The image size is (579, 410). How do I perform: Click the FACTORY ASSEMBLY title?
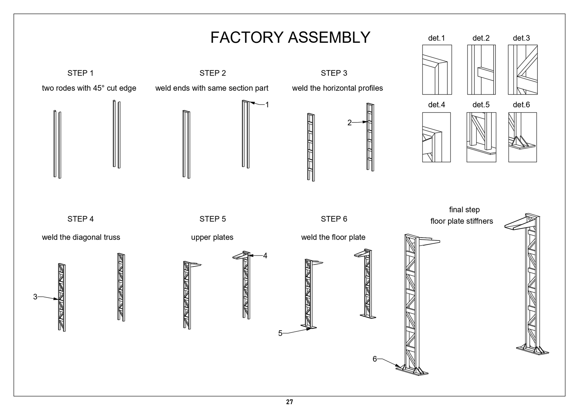point(290,37)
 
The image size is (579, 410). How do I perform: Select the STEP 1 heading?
point(80,73)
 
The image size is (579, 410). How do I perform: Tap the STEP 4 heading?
point(80,219)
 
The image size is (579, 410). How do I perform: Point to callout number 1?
point(267,105)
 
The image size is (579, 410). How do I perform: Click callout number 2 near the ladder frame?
point(350,123)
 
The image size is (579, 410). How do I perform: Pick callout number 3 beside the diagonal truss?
point(35,297)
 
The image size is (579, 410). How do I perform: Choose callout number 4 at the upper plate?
point(265,256)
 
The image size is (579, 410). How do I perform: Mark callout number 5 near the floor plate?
point(280,333)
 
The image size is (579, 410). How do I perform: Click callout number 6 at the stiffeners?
point(375,359)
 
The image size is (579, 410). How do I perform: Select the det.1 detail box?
point(437,70)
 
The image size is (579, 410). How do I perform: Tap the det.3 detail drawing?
point(522,70)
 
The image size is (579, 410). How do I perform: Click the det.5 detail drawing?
point(481,137)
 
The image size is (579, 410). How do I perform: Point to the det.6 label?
point(521,105)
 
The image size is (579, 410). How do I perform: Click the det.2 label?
point(481,38)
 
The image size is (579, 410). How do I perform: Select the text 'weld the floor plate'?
point(333,237)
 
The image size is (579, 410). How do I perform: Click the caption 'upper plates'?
point(212,237)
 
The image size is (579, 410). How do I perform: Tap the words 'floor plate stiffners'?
point(462,221)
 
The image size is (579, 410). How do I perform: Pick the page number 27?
point(289,402)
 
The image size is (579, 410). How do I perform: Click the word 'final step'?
point(464,210)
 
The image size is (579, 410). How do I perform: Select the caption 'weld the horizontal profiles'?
point(337,88)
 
